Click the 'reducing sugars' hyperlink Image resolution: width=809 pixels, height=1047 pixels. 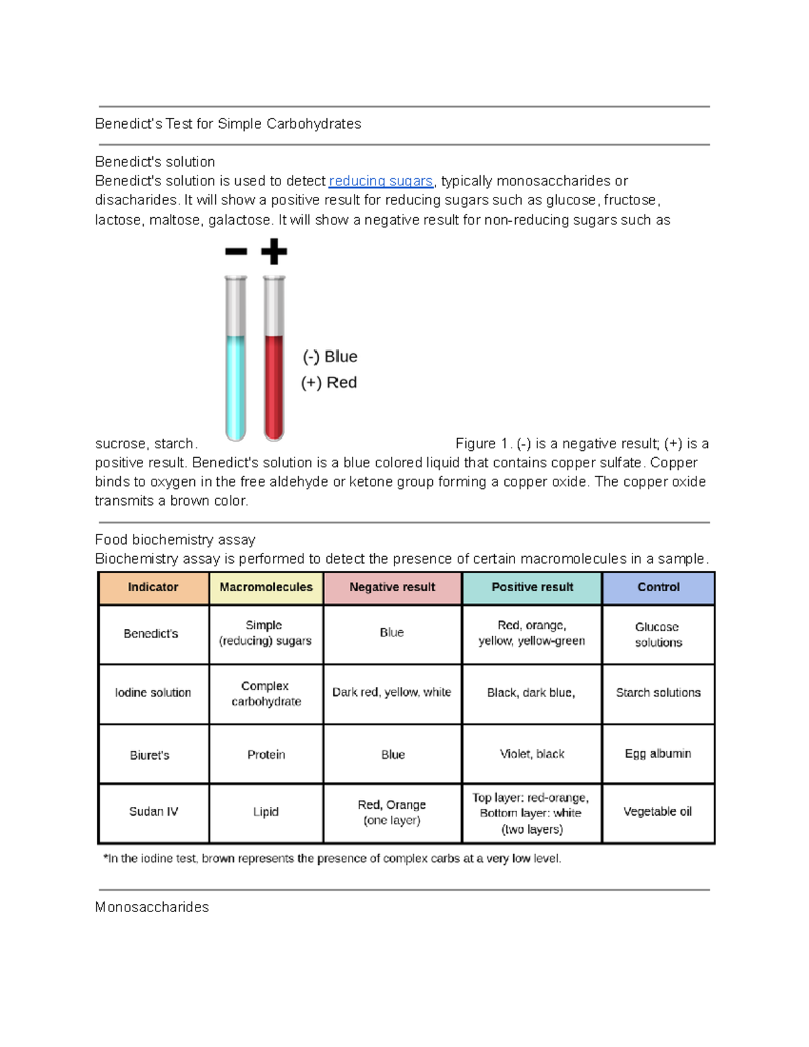coord(380,181)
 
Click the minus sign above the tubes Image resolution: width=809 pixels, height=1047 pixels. coord(236,252)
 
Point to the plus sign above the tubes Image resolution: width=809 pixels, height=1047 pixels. coord(274,251)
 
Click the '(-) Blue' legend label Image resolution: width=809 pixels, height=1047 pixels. coord(330,357)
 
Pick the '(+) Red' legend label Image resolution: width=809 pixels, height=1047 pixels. coord(329,383)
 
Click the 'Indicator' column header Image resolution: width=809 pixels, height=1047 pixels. coord(153,587)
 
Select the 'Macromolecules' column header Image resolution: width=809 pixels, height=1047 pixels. coord(266,587)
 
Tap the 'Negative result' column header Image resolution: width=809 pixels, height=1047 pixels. coord(392,587)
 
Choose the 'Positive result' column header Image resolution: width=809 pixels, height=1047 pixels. coord(532,587)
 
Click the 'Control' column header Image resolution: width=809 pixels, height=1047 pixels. coord(658,587)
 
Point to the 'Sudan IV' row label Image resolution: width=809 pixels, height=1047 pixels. coord(154,812)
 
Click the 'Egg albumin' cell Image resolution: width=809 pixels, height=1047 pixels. coord(658,754)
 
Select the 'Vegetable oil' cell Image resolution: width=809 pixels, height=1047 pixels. coord(658,812)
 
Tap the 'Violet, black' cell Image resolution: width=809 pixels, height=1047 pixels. coord(532,754)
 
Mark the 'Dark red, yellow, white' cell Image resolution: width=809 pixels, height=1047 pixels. coord(392,692)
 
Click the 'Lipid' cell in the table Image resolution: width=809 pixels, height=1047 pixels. coord(266,812)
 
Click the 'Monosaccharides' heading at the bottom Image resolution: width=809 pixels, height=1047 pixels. coord(152,907)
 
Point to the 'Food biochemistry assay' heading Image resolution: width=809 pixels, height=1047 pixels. coord(175,540)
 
